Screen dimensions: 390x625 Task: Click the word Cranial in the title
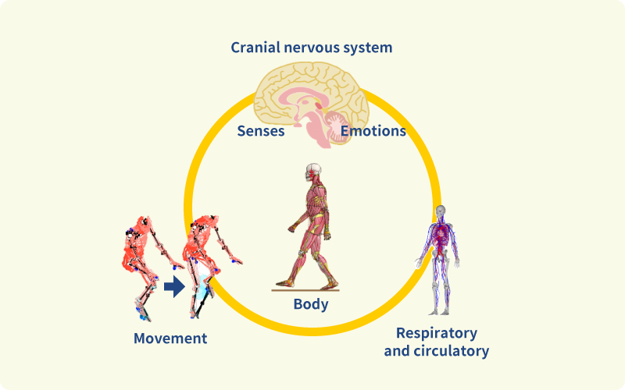[255, 48]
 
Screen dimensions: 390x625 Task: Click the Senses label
[260, 131]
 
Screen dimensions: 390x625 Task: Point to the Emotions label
[373, 131]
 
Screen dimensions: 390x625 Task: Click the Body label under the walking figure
[311, 304]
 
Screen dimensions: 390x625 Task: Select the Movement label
[170, 339]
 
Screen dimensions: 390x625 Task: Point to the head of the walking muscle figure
[313, 172]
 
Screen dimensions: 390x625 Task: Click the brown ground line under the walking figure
[305, 290]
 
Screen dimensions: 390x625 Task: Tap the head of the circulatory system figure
[441, 211]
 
